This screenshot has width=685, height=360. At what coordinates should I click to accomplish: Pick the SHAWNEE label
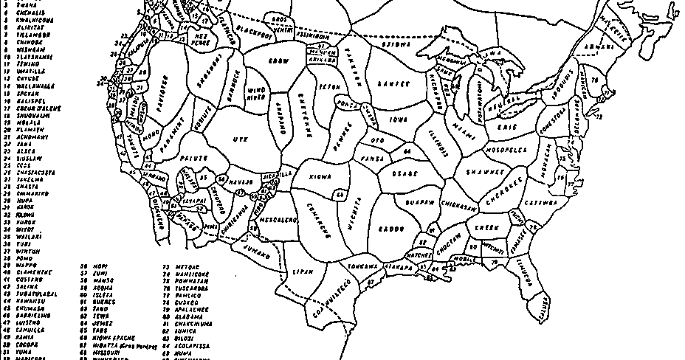click(484, 172)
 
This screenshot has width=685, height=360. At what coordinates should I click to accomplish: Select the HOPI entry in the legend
click(100, 265)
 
